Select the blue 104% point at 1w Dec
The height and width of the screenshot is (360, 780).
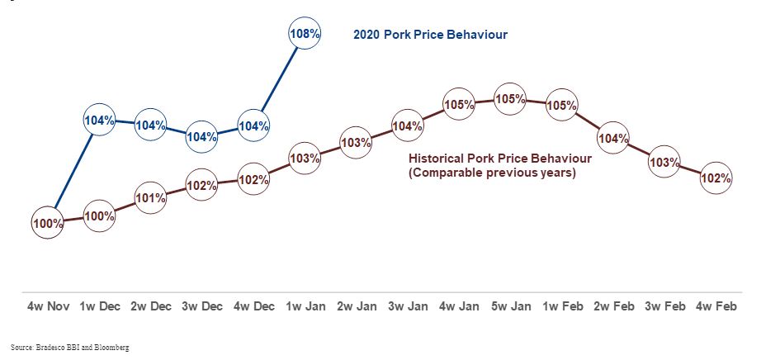click(x=99, y=121)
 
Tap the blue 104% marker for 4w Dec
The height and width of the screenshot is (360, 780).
click(x=253, y=126)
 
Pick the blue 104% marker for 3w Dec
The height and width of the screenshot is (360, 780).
click(x=202, y=136)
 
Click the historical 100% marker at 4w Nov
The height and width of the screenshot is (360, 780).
click(x=48, y=222)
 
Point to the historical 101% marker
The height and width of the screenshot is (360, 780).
click(x=151, y=198)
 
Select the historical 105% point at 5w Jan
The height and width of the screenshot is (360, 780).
click(x=510, y=99)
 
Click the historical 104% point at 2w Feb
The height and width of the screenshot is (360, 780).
click(x=613, y=138)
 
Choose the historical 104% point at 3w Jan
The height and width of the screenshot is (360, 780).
click(x=408, y=126)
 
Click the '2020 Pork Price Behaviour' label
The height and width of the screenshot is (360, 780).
click(x=429, y=35)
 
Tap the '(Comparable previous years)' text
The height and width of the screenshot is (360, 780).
click(x=492, y=174)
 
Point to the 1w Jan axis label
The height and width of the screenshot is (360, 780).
click(x=305, y=306)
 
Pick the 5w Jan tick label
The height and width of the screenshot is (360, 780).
click(x=510, y=306)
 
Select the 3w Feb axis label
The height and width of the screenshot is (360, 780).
click(x=665, y=306)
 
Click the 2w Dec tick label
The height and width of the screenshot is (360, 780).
click(x=151, y=306)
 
